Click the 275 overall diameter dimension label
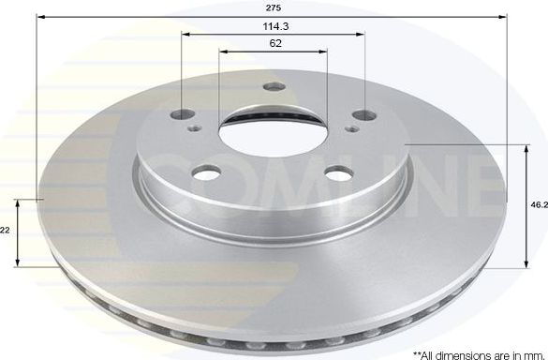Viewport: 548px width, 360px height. pos(273,8)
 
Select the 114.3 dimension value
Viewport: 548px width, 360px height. pos(273,27)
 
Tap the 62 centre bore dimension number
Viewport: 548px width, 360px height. pos(273,44)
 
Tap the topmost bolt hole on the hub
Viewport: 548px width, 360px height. pos(274,88)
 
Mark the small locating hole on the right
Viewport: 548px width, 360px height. pos(353,130)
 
